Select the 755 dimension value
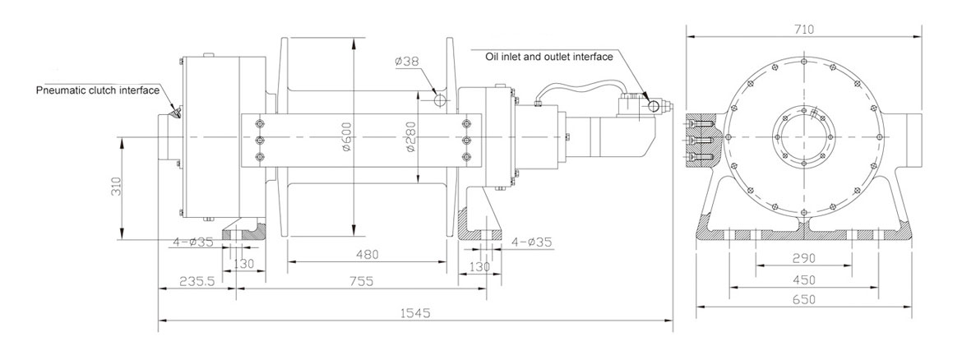coord(359,281)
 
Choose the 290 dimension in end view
coord(803,257)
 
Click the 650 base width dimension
coord(803,300)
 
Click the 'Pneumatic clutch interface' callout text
coord(97,90)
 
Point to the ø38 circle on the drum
coord(441,99)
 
